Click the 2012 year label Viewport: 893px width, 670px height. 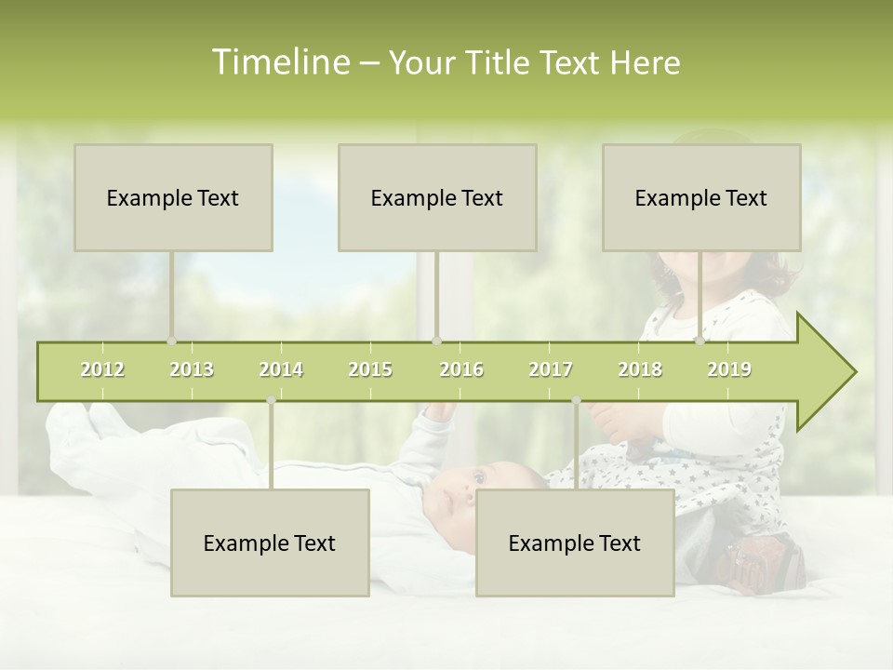point(102,369)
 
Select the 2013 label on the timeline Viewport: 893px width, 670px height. point(192,369)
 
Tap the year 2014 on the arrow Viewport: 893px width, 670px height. point(281,369)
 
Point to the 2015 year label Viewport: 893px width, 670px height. point(370,369)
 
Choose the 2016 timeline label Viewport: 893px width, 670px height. point(461,369)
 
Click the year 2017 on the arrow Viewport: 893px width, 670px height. point(551,369)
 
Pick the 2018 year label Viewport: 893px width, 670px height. point(640,369)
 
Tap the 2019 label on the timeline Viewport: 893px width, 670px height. point(729,369)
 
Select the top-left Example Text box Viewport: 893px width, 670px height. point(173,197)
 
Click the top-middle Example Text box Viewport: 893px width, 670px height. point(437,197)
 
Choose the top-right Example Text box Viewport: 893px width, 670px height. point(701,197)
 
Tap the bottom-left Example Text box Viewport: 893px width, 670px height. point(270,543)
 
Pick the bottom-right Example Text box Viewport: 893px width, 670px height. point(575,543)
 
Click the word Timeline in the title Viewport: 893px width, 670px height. point(280,62)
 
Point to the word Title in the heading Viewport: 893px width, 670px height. point(502,62)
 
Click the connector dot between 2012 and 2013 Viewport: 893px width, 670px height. point(171,342)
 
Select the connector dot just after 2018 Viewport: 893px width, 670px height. point(700,342)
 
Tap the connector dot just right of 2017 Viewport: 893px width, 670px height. point(576,401)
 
